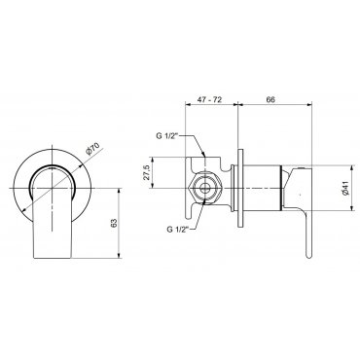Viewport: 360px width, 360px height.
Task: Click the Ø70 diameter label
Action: click(x=92, y=149)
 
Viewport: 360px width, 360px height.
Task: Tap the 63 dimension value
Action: click(x=114, y=223)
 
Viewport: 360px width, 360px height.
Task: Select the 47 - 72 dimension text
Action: click(x=210, y=99)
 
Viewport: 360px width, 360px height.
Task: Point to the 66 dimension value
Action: click(x=270, y=99)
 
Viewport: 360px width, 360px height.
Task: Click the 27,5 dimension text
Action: click(x=146, y=172)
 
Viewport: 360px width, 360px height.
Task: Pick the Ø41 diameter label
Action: click(x=345, y=189)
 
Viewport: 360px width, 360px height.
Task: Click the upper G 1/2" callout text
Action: click(x=165, y=136)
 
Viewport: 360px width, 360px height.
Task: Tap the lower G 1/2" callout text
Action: click(x=178, y=230)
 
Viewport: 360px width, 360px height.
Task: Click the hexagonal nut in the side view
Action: click(x=205, y=188)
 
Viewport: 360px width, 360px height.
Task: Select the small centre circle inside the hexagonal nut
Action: click(x=205, y=188)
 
